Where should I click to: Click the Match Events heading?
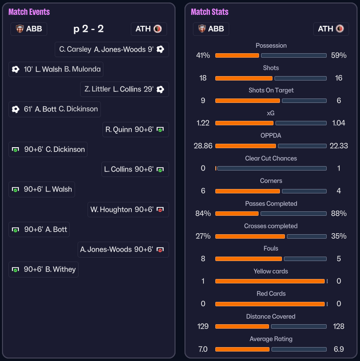tap(29, 11)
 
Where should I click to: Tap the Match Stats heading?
tap(209, 11)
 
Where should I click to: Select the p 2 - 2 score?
tap(89, 29)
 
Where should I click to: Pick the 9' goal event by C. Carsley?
tap(111, 49)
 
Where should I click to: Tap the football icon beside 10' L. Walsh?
tap(15, 69)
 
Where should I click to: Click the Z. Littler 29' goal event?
tap(124, 90)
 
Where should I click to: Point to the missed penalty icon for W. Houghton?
tap(160, 210)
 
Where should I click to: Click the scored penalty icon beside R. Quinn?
tap(160, 130)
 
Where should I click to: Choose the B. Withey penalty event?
tap(44, 270)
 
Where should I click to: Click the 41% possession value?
tap(203, 55)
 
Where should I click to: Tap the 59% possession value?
tap(339, 55)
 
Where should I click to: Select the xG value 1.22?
tap(203, 123)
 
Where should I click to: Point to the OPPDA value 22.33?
tap(339, 146)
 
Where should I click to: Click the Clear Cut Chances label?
tap(271, 158)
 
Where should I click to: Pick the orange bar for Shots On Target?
tap(248, 100)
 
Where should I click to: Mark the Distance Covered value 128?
tap(339, 327)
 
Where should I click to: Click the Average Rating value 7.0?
tap(203, 349)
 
